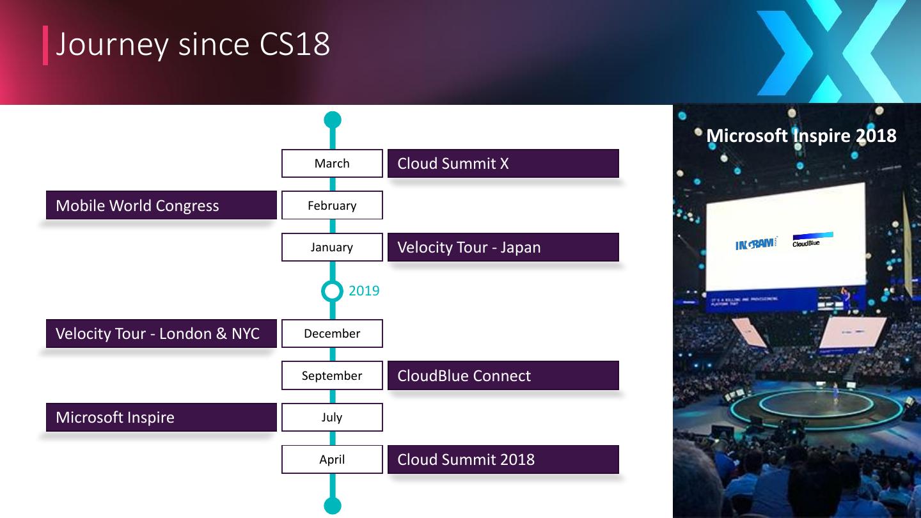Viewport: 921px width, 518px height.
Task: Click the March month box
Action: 332,163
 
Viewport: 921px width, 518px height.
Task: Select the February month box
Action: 332,205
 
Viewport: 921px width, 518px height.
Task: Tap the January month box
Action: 332,247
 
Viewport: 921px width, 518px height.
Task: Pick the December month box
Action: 332,333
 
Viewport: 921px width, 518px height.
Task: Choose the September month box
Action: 332,375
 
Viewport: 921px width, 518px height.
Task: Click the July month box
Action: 332,417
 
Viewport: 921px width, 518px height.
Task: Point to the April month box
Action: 332,459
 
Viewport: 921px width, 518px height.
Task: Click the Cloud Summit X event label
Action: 503,163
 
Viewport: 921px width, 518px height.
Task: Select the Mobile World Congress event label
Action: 161,205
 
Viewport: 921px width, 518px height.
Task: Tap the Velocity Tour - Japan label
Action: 503,247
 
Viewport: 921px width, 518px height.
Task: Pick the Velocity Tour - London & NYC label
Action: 161,333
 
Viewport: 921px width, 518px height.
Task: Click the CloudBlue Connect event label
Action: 503,375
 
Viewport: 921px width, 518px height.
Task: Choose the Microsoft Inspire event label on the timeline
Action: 161,417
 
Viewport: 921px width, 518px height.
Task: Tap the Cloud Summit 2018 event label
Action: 503,459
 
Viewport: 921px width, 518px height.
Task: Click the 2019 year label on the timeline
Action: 364,291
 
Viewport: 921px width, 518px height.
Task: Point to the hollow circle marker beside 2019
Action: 332,291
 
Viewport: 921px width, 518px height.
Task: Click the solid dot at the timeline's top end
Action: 333,120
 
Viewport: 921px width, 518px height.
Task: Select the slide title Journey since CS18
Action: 193,44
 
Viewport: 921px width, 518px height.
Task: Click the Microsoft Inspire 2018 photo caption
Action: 801,136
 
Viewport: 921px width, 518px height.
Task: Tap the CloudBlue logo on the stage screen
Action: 811,240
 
